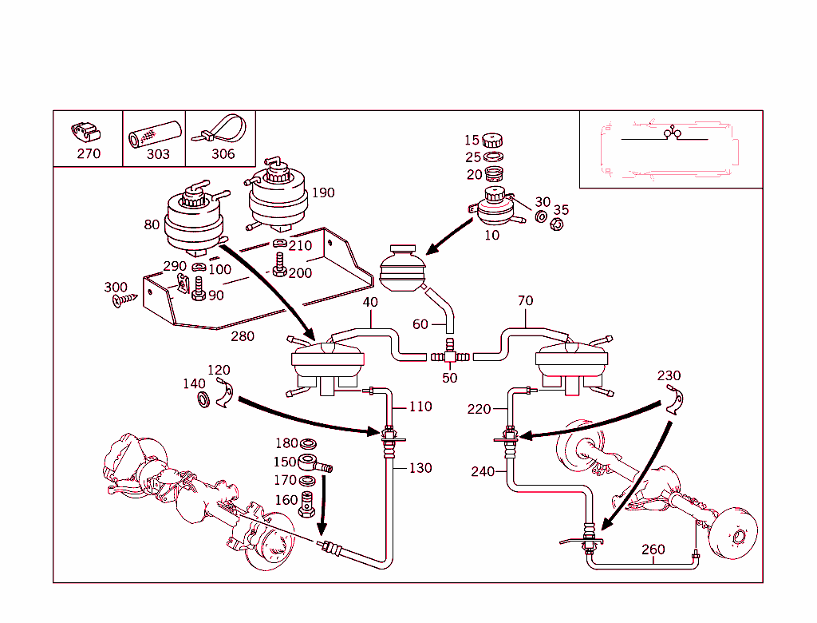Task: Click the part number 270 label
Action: coord(89,154)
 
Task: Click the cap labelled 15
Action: coord(493,141)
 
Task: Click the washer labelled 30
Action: coord(541,216)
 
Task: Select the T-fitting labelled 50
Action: coord(449,352)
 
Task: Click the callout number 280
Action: coord(242,336)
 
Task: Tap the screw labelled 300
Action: coord(126,300)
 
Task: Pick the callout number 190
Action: coord(323,192)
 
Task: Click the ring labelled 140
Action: coord(204,398)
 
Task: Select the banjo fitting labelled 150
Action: coord(313,463)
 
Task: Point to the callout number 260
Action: coord(653,550)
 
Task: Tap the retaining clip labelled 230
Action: coord(677,399)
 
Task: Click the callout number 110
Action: coord(420,407)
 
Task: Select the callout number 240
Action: coord(482,472)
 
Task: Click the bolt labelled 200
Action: coord(280,264)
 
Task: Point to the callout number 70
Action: coord(525,301)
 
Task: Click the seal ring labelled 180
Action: coord(309,444)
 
